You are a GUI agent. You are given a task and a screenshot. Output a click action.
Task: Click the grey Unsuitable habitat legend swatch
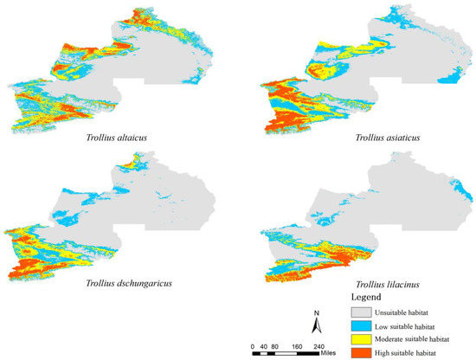tap(364, 311)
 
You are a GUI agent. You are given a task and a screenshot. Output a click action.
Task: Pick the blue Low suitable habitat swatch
tap(364, 325)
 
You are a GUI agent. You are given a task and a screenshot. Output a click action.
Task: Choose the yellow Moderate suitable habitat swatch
tap(364, 339)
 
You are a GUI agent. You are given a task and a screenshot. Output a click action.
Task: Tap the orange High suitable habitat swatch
tap(364, 353)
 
